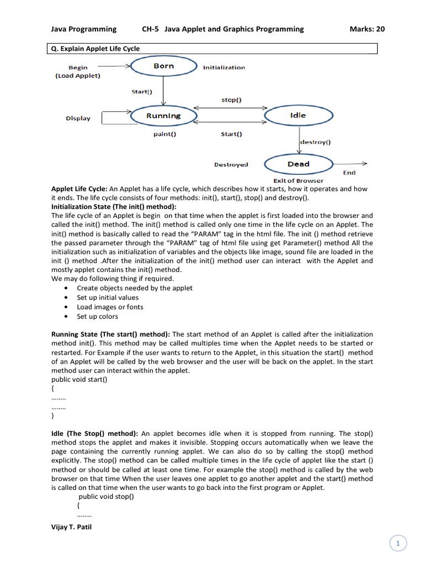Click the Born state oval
(163, 66)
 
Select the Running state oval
(163, 116)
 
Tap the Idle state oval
(298, 116)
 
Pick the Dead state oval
(298, 164)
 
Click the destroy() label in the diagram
(315, 142)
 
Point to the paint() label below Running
(165, 134)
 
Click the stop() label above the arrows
(231, 100)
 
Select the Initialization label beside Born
(224, 67)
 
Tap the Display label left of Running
(78, 118)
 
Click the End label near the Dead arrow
(349, 173)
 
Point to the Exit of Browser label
(298, 180)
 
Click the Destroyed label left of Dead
(231, 164)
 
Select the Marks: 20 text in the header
(367, 29)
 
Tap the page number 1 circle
(398, 543)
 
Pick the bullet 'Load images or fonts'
(110, 307)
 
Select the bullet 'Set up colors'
(97, 316)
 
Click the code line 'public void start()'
(79, 380)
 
